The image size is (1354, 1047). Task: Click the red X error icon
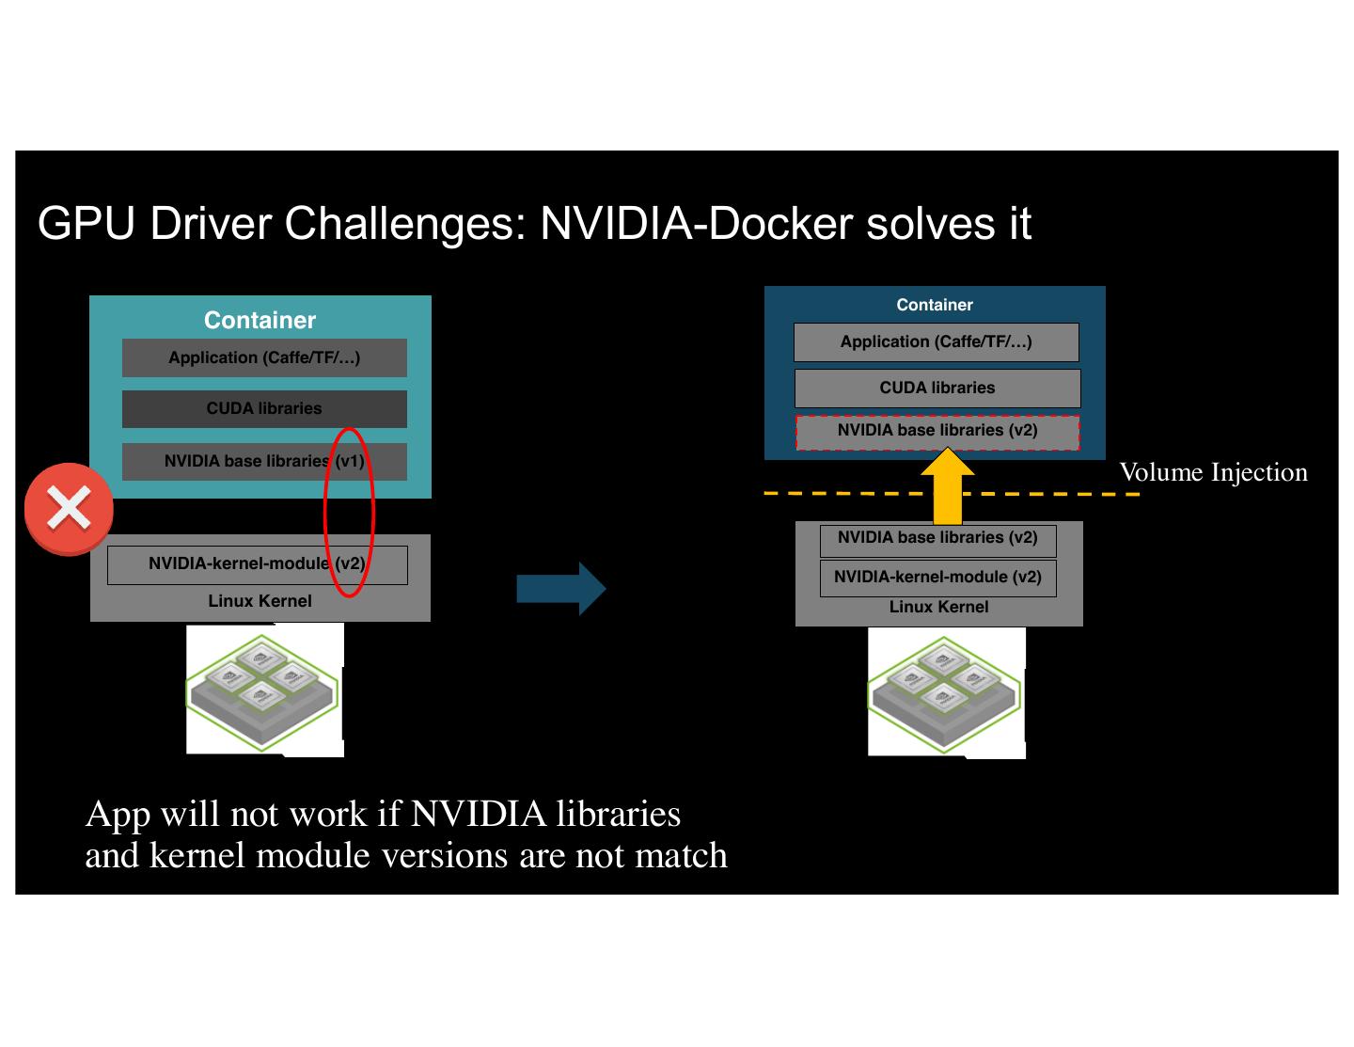(69, 509)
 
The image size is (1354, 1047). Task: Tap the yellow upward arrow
(947, 487)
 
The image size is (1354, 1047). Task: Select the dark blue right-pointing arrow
(561, 589)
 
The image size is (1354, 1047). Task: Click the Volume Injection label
(1213, 472)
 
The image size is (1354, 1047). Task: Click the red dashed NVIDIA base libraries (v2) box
(937, 432)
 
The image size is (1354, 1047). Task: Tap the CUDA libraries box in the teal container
(264, 409)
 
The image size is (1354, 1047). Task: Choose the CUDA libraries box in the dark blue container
(937, 388)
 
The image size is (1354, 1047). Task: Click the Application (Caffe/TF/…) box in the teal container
(264, 357)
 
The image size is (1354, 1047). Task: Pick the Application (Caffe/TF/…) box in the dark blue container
(937, 342)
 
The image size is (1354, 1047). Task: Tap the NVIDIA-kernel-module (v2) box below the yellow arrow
(937, 578)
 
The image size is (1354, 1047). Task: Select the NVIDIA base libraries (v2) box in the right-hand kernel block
(937, 539)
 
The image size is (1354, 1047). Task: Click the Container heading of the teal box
(260, 320)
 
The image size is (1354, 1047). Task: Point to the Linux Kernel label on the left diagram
(260, 601)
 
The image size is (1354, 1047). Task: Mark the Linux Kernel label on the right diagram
(938, 608)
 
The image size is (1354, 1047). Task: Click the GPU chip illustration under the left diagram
(264, 690)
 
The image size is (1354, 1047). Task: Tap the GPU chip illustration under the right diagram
(946, 692)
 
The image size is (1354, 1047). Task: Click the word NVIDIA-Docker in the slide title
(696, 224)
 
